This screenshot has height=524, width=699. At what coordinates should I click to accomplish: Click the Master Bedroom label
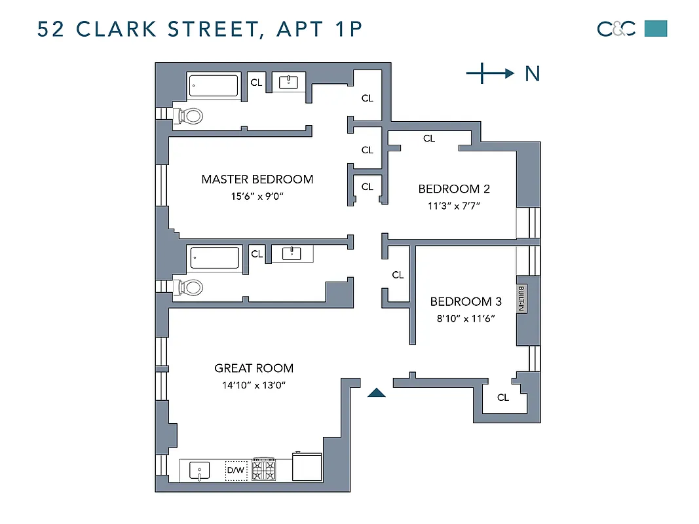pos(257,179)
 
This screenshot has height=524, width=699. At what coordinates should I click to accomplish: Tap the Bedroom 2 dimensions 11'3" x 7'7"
pos(454,205)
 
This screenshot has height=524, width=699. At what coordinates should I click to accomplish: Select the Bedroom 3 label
pos(466,301)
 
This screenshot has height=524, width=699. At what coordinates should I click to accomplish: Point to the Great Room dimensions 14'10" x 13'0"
pos(254,384)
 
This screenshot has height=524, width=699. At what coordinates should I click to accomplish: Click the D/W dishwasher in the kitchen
pos(236,470)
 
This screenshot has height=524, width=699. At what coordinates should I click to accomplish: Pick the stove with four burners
pos(265,470)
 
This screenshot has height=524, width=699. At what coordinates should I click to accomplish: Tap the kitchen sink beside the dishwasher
pos(199,470)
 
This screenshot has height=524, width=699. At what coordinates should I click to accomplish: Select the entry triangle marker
pos(376,392)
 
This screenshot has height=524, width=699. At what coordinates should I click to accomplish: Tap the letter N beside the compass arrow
pos(533,74)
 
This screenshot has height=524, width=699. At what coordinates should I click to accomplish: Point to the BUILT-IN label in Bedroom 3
pos(521,299)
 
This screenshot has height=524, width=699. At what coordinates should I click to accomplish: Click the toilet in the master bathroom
pos(189,116)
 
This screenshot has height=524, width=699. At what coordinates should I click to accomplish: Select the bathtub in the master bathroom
pos(214,86)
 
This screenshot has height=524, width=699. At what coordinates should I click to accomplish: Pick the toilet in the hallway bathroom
pos(189,287)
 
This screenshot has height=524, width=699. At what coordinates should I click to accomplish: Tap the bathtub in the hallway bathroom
pos(214,259)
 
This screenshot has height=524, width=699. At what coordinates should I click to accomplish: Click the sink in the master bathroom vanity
pos(289,83)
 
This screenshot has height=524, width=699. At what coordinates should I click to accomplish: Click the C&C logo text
pos(616,29)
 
